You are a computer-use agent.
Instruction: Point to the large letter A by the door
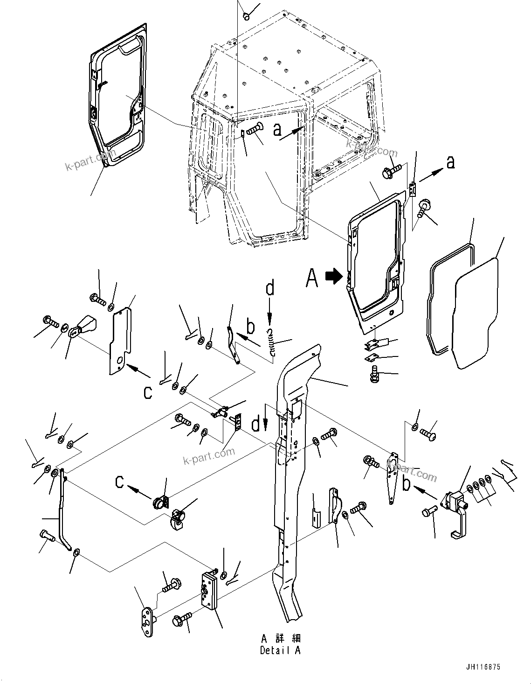[x=312, y=279]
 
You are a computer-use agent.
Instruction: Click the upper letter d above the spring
[x=270, y=288]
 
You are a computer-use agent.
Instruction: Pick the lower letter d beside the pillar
[x=256, y=424]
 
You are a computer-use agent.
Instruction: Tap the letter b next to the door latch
[x=407, y=484]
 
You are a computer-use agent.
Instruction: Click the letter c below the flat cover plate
[x=147, y=392]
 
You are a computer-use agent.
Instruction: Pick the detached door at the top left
[x=117, y=93]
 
